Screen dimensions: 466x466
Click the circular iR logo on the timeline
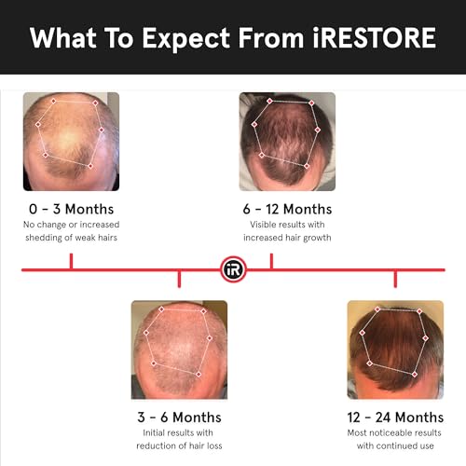tap(233, 269)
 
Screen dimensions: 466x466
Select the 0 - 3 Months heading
tap(71, 209)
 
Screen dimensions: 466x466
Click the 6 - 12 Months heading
tap(287, 209)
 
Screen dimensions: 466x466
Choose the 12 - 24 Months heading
tap(394, 417)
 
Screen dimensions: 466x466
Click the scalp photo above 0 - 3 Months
tap(71, 141)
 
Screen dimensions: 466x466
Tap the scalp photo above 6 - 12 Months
tap(287, 141)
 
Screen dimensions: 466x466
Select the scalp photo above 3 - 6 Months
tap(179, 349)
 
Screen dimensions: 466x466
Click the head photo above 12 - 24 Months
tap(394, 349)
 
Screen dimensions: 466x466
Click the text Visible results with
tap(287, 225)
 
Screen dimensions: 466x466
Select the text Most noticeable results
tap(394, 432)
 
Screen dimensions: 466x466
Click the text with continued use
tap(394, 445)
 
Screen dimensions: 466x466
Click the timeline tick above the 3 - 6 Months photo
tap(179, 278)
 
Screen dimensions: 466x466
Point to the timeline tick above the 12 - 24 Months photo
tap(394, 278)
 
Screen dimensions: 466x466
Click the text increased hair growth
tap(287, 238)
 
